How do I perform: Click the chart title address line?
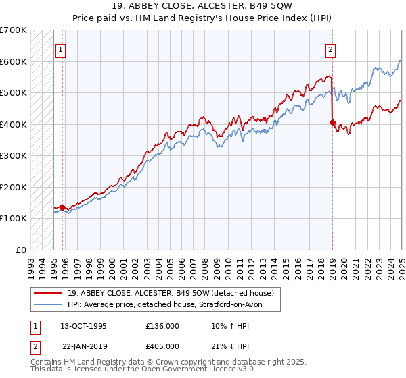pos(203,7)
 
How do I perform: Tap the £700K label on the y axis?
pos(14,30)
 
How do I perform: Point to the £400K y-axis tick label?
pos(14,124)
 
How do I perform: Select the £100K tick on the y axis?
pos(14,218)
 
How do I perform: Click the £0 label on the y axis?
pos(21,250)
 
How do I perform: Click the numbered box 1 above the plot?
pos(61,49)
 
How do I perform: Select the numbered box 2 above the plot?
pos(330,49)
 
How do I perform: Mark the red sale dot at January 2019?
pos(332,123)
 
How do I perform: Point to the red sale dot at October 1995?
pos(62,207)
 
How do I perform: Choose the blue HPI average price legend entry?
pos(168,305)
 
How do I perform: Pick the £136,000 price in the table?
pos(162,326)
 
